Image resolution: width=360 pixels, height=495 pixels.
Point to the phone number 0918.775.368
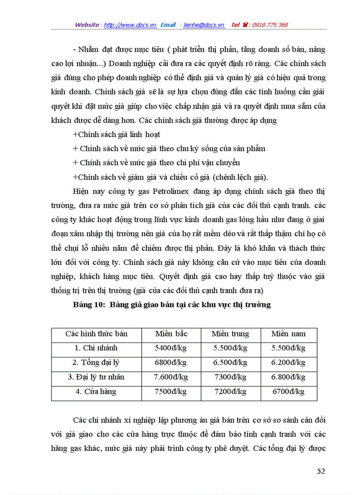tap(270, 25)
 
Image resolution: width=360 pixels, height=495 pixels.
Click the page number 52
tap(321, 471)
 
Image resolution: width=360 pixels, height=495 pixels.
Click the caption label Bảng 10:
tap(89, 305)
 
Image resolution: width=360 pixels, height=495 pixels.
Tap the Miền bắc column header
tap(171, 334)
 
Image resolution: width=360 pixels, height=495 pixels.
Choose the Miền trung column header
tap(230, 334)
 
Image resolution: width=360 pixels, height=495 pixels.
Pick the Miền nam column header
tap(289, 334)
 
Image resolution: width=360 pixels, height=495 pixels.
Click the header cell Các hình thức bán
tap(96, 334)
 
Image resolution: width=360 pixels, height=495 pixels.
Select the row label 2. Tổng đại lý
tap(96, 363)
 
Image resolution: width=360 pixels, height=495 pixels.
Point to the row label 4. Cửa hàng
tap(96, 391)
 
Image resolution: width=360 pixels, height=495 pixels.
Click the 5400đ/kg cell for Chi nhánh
tap(171, 348)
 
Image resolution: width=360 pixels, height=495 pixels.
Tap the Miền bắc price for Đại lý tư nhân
tap(171, 377)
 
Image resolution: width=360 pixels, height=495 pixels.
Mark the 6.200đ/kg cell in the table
tap(289, 363)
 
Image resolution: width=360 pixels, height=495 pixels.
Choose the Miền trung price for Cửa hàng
tap(230, 391)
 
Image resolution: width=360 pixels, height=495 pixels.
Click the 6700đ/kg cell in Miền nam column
tap(289, 391)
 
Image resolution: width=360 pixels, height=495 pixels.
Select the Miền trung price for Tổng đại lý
tap(230, 363)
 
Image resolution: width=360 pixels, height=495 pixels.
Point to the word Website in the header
tap(87, 25)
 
